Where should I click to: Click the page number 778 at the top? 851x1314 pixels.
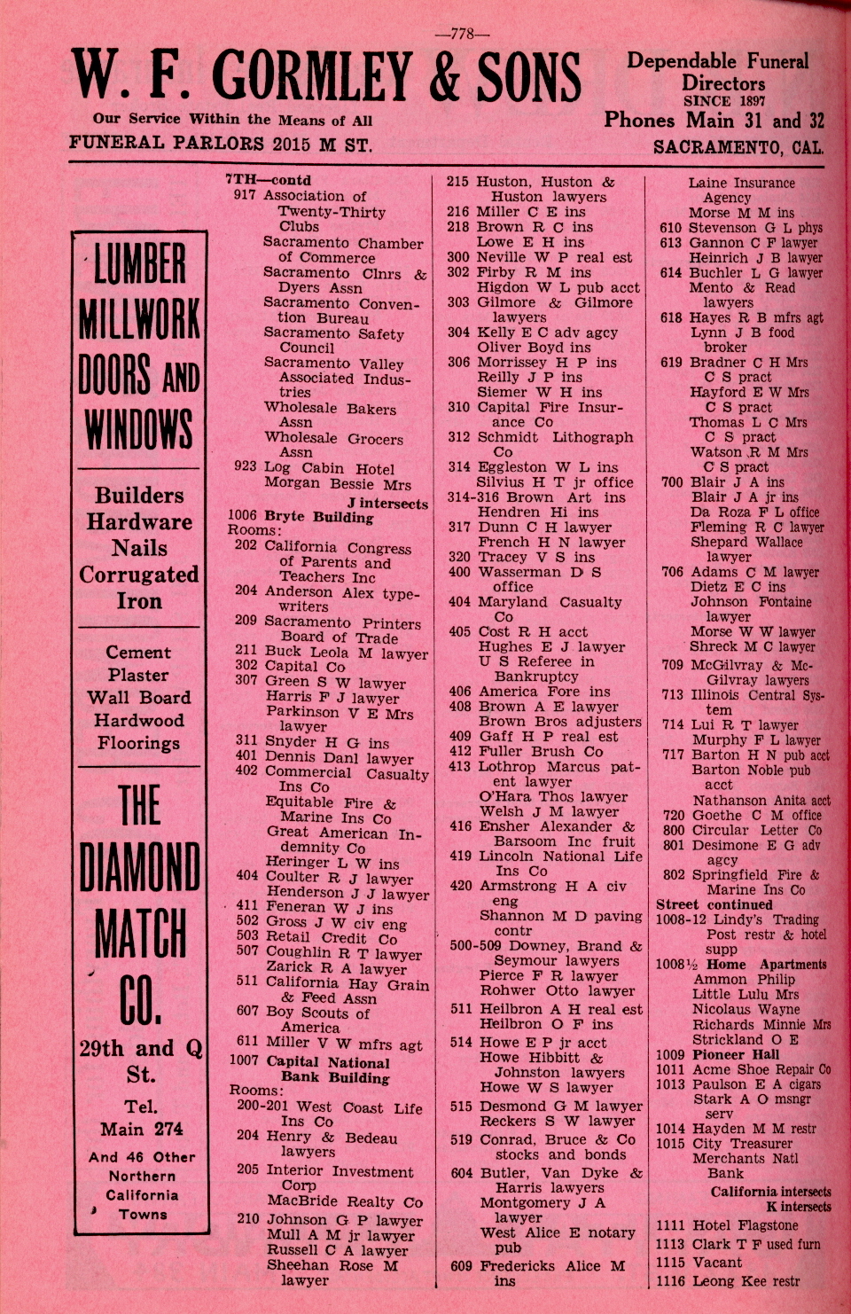pyautogui.click(x=462, y=35)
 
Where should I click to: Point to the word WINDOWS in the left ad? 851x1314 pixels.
pyautogui.click(x=139, y=428)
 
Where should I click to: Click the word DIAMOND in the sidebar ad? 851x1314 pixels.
pyautogui.click(x=140, y=866)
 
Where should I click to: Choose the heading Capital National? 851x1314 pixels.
pyautogui.click(x=327, y=1061)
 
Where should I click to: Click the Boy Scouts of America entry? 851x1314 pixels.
pyautogui.click(x=317, y=1019)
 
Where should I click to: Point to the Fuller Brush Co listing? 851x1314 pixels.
pyautogui.click(x=540, y=751)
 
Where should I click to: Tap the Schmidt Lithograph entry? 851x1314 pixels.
pyautogui.click(x=555, y=437)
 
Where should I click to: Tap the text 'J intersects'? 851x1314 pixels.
pyautogui.click(x=386, y=504)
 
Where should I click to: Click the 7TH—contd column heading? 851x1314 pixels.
pyautogui.click(x=268, y=180)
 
